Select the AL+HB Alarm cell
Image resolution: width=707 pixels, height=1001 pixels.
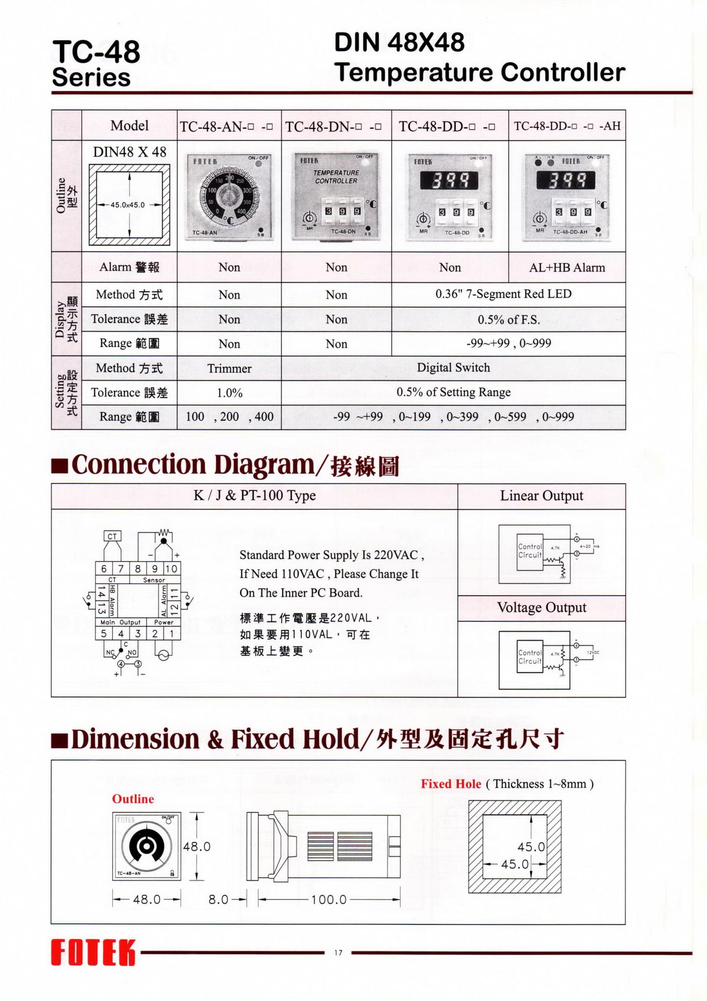point(567,268)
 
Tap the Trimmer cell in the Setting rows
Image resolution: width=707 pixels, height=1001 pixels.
point(229,368)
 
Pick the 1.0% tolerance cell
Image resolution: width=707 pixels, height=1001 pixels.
point(229,393)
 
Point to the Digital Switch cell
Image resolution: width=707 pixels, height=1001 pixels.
point(453,368)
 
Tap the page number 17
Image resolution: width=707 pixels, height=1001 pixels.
point(338,952)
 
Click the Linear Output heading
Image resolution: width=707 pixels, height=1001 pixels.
point(541,496)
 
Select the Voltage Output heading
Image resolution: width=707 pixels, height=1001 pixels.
point(542,607)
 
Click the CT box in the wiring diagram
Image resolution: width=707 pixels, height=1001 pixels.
point(112,536)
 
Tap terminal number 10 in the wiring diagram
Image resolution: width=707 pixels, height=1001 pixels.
point(172,568)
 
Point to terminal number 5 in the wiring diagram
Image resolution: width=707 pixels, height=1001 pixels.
point(104,633)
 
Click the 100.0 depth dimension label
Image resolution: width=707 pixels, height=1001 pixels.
point(329,899)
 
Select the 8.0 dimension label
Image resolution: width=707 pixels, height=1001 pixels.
point(218,899)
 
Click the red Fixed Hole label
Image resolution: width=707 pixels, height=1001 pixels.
point(451,784)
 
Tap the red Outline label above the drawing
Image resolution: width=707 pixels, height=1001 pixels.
point(133,799)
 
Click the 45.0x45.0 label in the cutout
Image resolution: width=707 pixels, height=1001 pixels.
point(127,205)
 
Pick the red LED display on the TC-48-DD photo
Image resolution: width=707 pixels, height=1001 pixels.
point(449,181)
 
